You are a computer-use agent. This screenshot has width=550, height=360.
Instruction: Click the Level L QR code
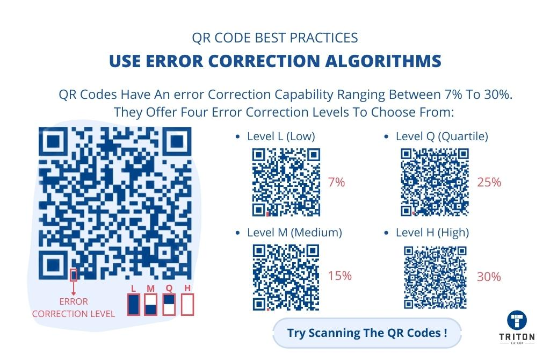click(286, 182)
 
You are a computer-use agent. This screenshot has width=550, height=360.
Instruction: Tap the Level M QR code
click(286, 278)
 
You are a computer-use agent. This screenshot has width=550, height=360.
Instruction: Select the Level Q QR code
click(435, 182)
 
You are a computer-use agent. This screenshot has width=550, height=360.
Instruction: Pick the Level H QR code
click(435, 278)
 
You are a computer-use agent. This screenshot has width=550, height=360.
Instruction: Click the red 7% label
click(336, 183)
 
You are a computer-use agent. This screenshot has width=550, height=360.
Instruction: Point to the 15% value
click(339, 276)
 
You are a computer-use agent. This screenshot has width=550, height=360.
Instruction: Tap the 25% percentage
click(489, 183)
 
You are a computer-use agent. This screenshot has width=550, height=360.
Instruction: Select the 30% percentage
click(489, 277)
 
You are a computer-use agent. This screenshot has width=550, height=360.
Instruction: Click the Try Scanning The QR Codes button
click(367, 333)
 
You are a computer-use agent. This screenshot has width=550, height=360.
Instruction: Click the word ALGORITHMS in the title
click(383, 61)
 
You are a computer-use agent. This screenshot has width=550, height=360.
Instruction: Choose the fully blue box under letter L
click(133, 304)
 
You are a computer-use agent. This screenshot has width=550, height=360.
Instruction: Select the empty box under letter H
click(187, 304)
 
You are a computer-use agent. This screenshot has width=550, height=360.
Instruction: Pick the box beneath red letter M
click(150, 304)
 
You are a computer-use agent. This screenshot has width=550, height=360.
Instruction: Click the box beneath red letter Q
click(169, 304)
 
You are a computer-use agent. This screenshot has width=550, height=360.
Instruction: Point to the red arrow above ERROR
click(73, 289)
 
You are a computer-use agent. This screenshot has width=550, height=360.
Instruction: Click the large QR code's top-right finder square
click(177, 141)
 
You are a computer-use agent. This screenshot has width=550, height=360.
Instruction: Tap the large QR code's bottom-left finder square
click(53, 264)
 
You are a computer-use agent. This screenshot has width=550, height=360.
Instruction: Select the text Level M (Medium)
click(294, 232)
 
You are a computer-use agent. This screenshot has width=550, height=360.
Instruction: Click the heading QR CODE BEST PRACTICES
click(274, 38)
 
